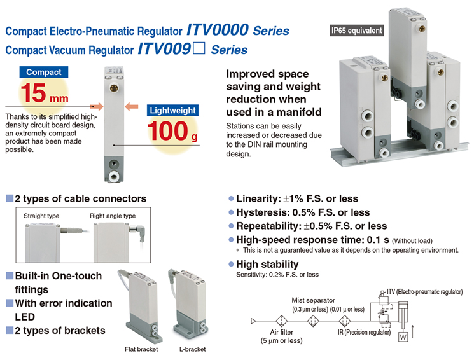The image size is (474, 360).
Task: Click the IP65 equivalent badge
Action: point(357,31)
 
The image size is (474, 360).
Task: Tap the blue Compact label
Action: point(44,72)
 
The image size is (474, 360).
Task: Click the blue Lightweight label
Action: point(172,110)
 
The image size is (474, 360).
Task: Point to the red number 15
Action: point(33,93)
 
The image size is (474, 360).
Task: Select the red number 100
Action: point(168,131)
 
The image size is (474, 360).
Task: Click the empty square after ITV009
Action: point(199,48)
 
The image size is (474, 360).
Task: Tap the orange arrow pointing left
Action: point(132,106)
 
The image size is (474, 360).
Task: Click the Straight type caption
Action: point(41,216)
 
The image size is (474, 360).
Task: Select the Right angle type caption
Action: point(113,216)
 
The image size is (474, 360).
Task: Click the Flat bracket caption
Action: point(141,349)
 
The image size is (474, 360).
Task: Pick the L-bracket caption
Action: point(192,349)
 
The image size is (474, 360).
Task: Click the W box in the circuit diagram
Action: point(403,336)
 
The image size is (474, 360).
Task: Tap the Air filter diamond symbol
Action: point(281,321)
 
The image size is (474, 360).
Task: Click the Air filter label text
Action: point(282,332)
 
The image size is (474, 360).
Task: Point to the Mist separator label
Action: point(313,300)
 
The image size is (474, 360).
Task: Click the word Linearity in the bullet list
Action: point(258,198)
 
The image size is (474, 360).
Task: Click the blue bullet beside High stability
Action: point(231,264)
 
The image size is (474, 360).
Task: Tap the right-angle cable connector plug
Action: point(139,232)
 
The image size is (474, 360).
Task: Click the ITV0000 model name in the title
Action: point(218,30)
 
